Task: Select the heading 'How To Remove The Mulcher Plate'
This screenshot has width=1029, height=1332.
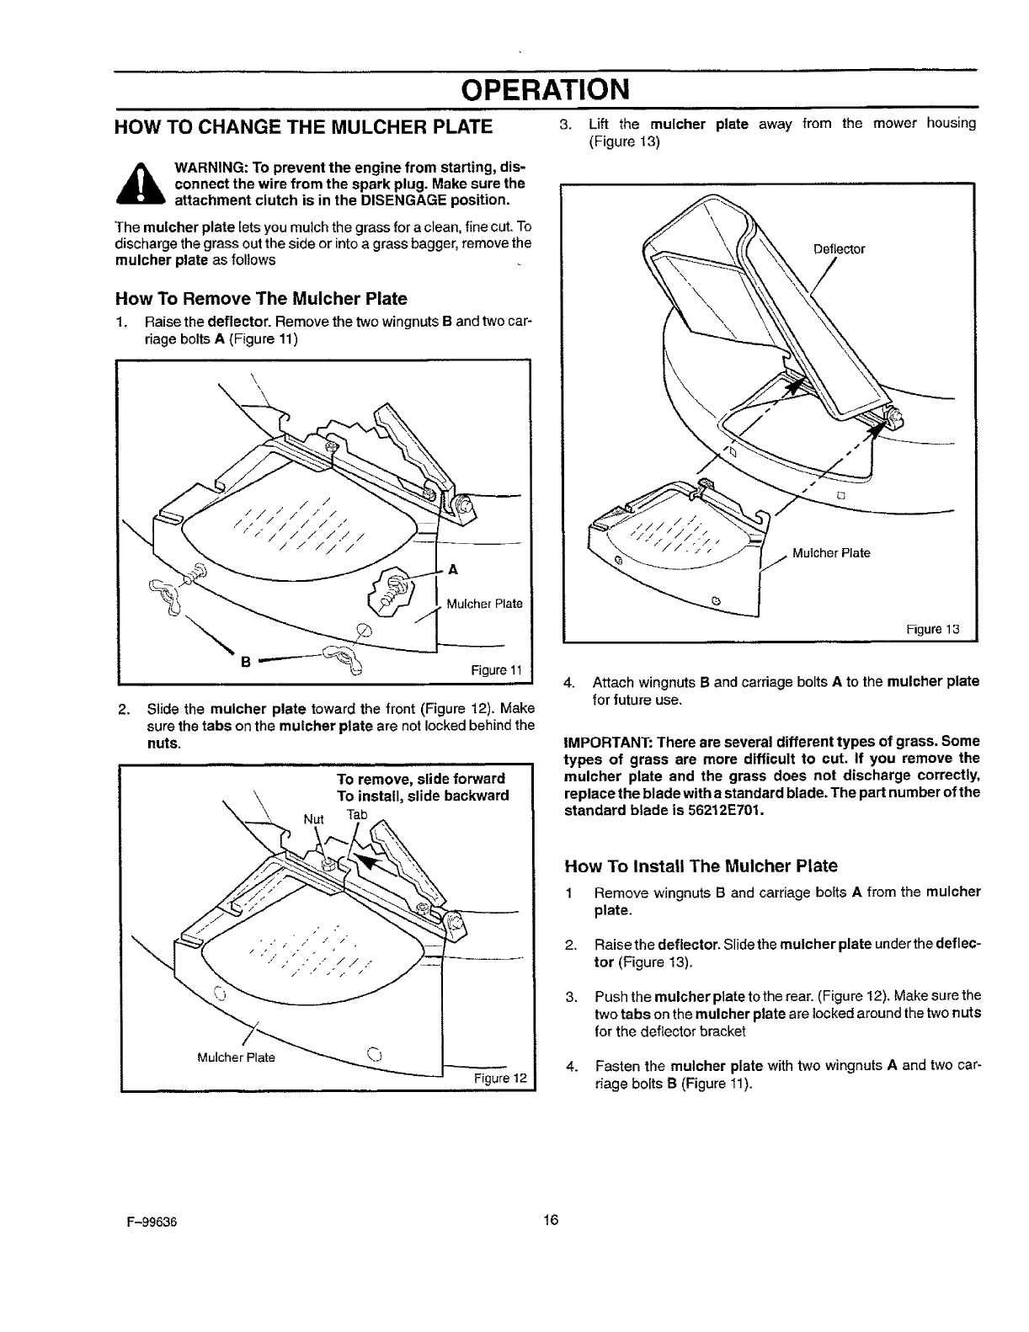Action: [x=261, y=299]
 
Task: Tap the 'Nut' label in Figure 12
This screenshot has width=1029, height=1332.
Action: [x=313, y=818]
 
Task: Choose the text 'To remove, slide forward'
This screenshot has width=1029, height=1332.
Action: [x=421, y=778]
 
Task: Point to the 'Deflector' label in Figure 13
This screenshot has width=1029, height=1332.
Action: [x=840, y=249]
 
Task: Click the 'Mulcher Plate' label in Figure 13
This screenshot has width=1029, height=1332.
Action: [x=832, y=553]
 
